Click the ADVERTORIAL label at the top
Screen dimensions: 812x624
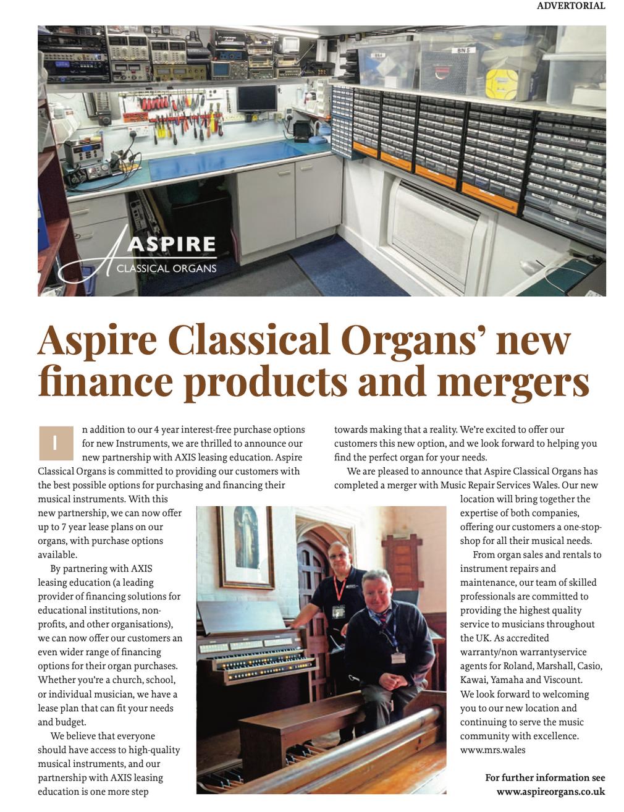(570, 6)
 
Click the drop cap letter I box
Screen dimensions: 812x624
(56, 443)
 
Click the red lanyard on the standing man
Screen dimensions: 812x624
(339, 590)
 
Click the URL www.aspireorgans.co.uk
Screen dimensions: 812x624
(550, 792)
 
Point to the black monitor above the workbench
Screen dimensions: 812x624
(256, 98)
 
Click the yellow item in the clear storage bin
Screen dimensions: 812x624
(501, 85)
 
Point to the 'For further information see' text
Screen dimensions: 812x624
(545, 778)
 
